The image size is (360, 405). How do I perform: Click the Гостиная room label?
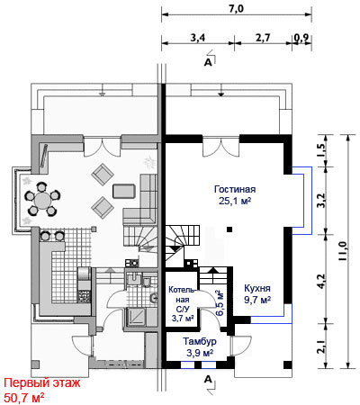tap(235, 190)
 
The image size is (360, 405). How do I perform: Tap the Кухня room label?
tap(257, 288)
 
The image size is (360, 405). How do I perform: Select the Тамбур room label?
tap(200, 341)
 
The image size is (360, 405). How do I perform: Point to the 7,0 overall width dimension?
tap(237, 9)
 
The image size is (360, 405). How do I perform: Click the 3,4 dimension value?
tap(198, 38)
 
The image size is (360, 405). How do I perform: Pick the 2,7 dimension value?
tap(263, 38)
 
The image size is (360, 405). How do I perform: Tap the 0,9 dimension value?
tap(302, 39)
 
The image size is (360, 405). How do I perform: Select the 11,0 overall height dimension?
tap(343, 251)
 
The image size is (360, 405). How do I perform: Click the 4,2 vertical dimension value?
tap(321, 281)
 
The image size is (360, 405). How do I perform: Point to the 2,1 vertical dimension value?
tap(321, 346)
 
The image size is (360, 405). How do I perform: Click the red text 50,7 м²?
tap(24, 398)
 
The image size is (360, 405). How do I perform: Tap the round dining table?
tap(42, 200)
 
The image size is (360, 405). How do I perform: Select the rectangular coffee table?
tap(124, 191)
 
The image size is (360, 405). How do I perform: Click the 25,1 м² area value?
tap(235, 201)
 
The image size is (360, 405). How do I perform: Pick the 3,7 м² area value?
tap(183, 318)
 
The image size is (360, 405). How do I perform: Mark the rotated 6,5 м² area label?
tap(220, 303)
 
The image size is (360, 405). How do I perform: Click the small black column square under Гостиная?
tap(229, 229)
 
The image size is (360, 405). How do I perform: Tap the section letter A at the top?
tap(208, 62)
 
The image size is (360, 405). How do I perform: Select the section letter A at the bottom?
tap(208, 379)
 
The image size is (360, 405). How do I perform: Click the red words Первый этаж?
tap(42, 383)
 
